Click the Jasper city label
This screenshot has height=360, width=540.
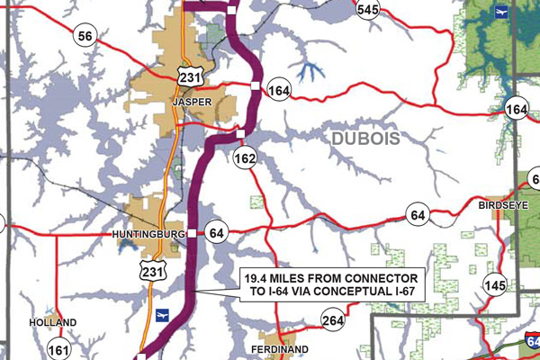point(192,103)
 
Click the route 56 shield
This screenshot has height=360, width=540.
point(85,36)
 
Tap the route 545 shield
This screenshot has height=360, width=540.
point(368,10)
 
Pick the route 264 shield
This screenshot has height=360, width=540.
point(332,320)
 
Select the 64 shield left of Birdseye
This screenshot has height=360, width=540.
point(417,215)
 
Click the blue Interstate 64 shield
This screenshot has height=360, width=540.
point(533,340)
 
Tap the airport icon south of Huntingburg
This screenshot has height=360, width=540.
point(163,314)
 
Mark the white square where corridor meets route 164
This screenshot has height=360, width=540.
point(256,85)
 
